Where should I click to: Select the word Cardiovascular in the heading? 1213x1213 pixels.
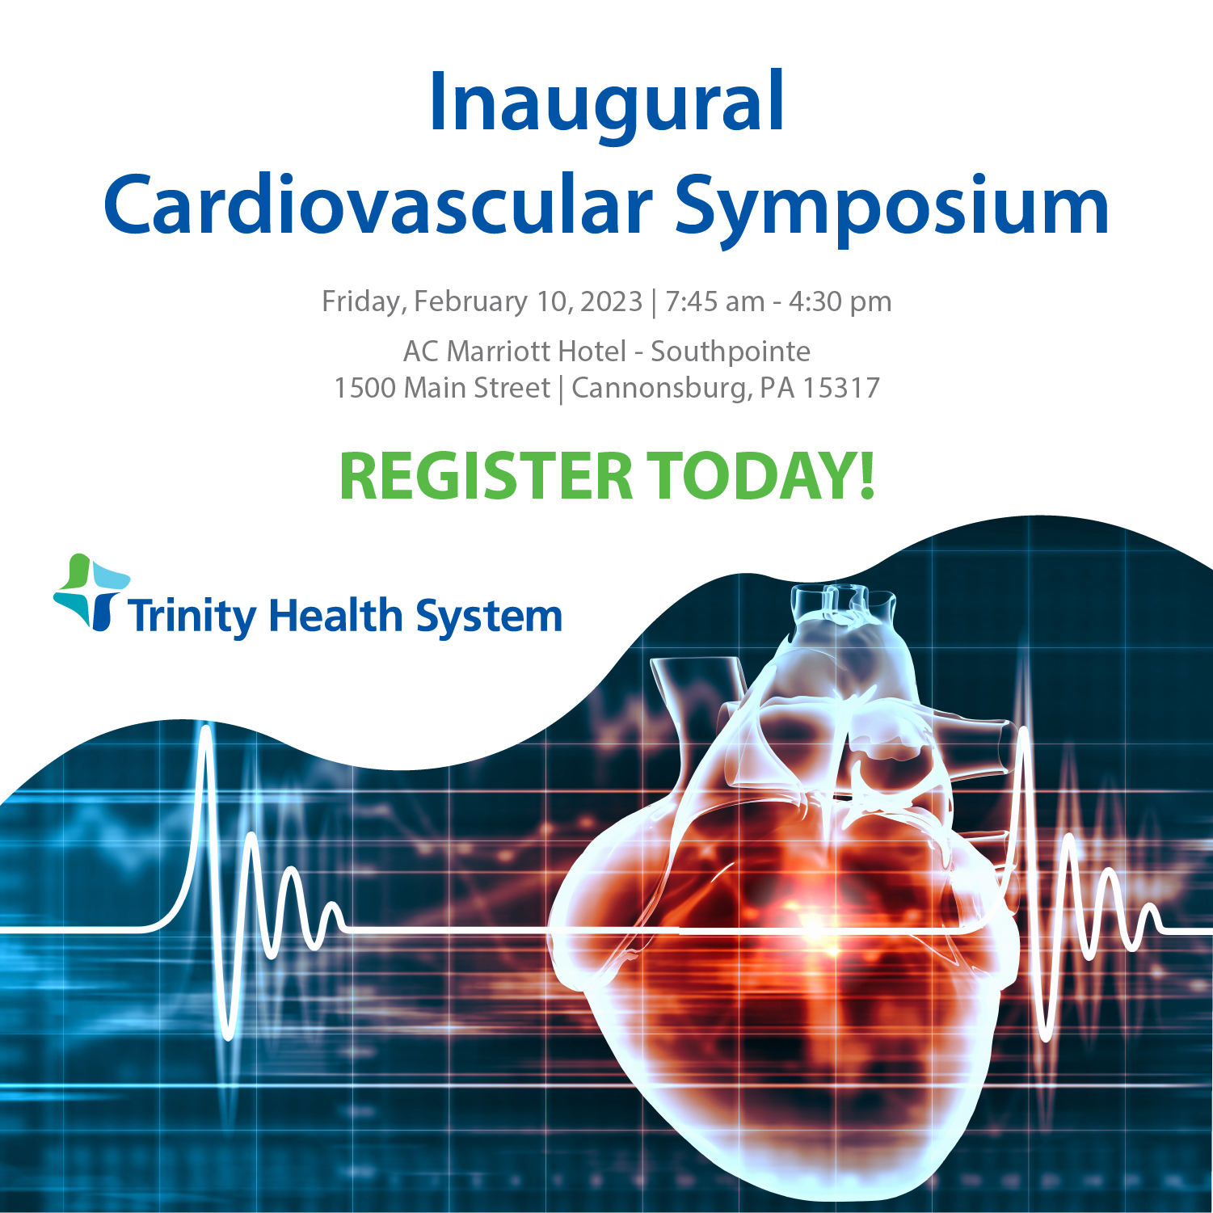(377, 205)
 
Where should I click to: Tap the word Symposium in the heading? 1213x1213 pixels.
(891, 207)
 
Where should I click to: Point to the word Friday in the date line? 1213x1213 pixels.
(362, 301)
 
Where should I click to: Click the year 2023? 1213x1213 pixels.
(611, 301)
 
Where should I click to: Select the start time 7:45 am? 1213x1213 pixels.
(714, 301)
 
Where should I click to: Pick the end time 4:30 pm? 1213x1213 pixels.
(840, 301)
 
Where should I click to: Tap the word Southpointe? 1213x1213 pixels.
(730, 352)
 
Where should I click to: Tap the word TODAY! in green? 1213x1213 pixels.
(761, 477)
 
